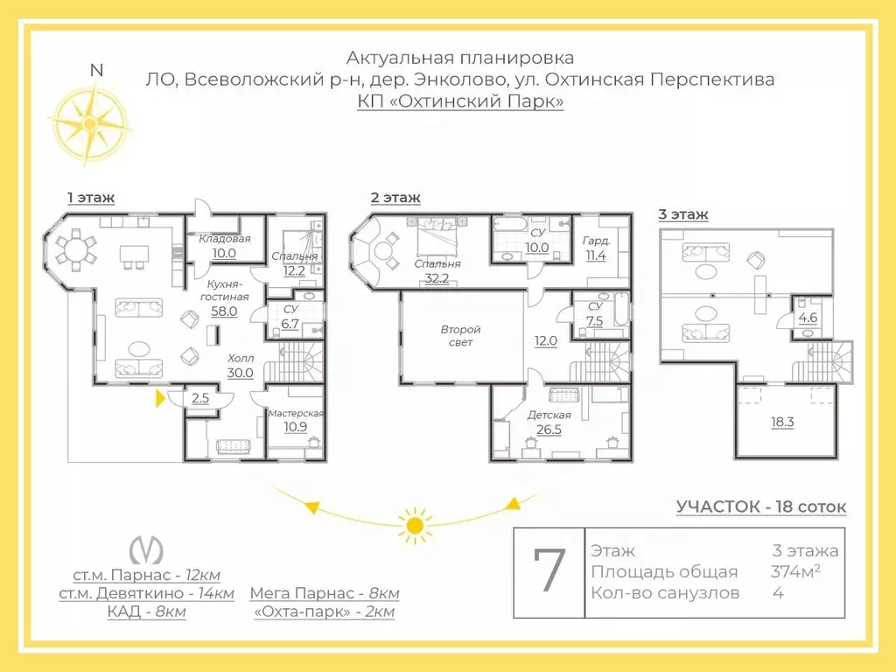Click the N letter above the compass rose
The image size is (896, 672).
coord(96,70)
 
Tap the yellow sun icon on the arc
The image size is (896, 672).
coord(416,525)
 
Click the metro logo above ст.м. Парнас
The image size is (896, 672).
coord(146,550)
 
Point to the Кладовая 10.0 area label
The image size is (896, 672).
coord(224,253)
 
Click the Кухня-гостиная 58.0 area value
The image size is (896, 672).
coord(224,311)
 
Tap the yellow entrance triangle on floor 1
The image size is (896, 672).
coord(161,398)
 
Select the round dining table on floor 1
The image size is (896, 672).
coord(75,249)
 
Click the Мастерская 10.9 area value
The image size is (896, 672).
coord(295,426)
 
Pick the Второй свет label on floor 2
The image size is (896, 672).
coord(460,336)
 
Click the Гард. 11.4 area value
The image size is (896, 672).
coord(595,255)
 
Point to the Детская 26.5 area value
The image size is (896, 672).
coord(549,429)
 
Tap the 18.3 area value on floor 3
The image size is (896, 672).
coord(782,423)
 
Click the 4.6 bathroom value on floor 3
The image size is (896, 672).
coord(808,318)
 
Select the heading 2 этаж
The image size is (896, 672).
coord(395,198)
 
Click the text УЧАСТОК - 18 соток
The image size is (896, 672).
coord(761,507)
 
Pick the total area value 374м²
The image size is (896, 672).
coord(795,570)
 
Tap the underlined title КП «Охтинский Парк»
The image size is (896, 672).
coord(460,101)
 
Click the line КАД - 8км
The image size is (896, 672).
coord(146,612)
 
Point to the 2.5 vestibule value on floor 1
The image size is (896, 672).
coord(200,398)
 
